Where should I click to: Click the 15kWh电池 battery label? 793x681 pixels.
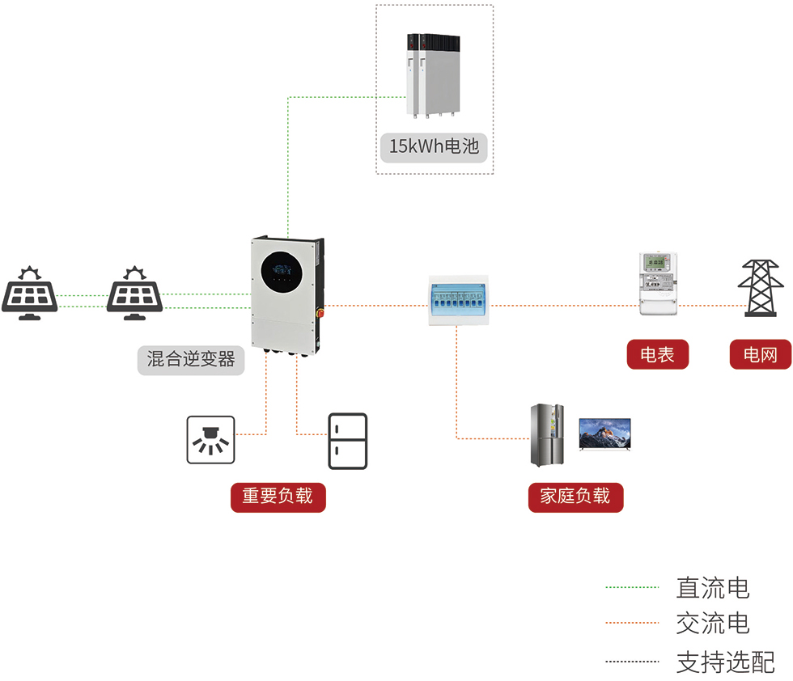pos(435,147)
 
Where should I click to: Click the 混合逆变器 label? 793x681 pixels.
pos(191,359)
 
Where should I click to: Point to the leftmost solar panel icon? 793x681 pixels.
pos(29,293)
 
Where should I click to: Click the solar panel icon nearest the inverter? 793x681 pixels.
pos(134,293)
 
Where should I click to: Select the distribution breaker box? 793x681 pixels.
pos(459,301)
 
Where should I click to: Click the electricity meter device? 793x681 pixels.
pos(658,283)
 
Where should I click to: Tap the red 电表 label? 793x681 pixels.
pos(657,354)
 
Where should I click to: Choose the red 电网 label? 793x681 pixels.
pos(760,354)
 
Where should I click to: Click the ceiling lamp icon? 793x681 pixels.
pos(211,440)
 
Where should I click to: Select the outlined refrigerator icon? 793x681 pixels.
pos(347,441)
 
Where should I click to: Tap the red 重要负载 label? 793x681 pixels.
pos(278,496)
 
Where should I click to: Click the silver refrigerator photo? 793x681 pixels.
pos(547,435)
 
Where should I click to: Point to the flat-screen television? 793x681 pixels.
pos(604,434)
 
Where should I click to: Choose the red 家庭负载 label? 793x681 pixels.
pos(575,496)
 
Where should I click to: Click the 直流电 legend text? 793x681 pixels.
pos(712,588)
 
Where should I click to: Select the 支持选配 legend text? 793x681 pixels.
pos(725,662)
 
